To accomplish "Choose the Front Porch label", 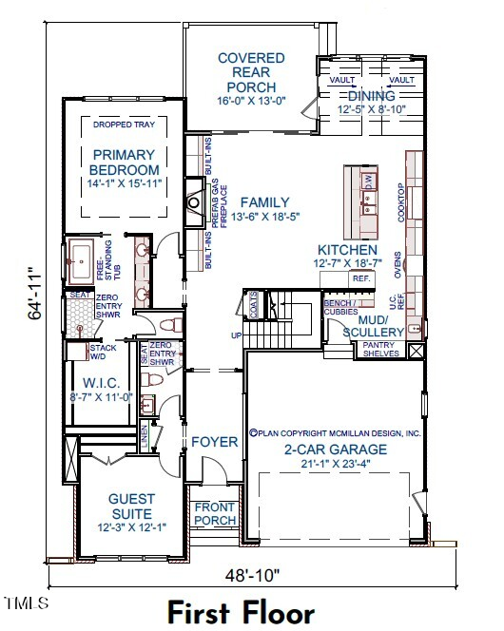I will tap(214, 514).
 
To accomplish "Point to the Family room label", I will tap(264, 202).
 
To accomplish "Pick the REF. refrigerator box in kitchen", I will tap(361, 279).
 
